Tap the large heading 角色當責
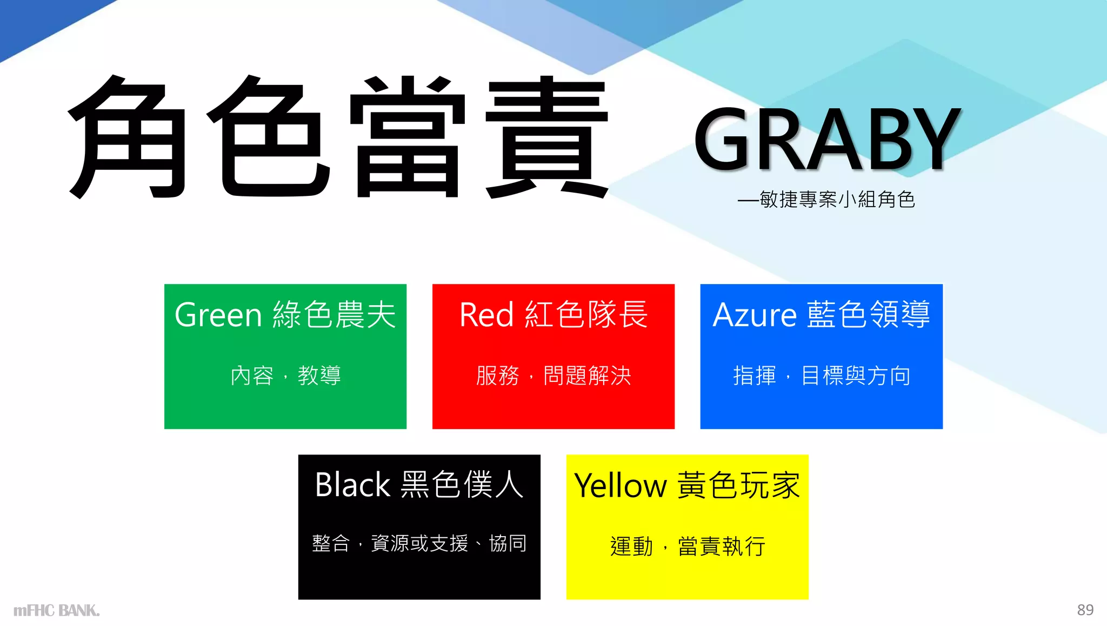338,136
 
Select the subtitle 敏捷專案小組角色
837,200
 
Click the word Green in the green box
218,315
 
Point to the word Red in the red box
486,315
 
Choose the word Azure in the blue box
755,315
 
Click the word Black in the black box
352,485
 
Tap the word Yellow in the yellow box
621,485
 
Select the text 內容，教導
285,375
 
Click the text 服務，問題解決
553,375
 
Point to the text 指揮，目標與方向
822,375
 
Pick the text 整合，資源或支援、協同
419,543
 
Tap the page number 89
1085,610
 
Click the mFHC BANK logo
57,611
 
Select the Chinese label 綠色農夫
335,315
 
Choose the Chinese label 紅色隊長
586,315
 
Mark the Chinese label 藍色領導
869,315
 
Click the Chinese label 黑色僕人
462,485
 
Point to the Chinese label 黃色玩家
738,485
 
